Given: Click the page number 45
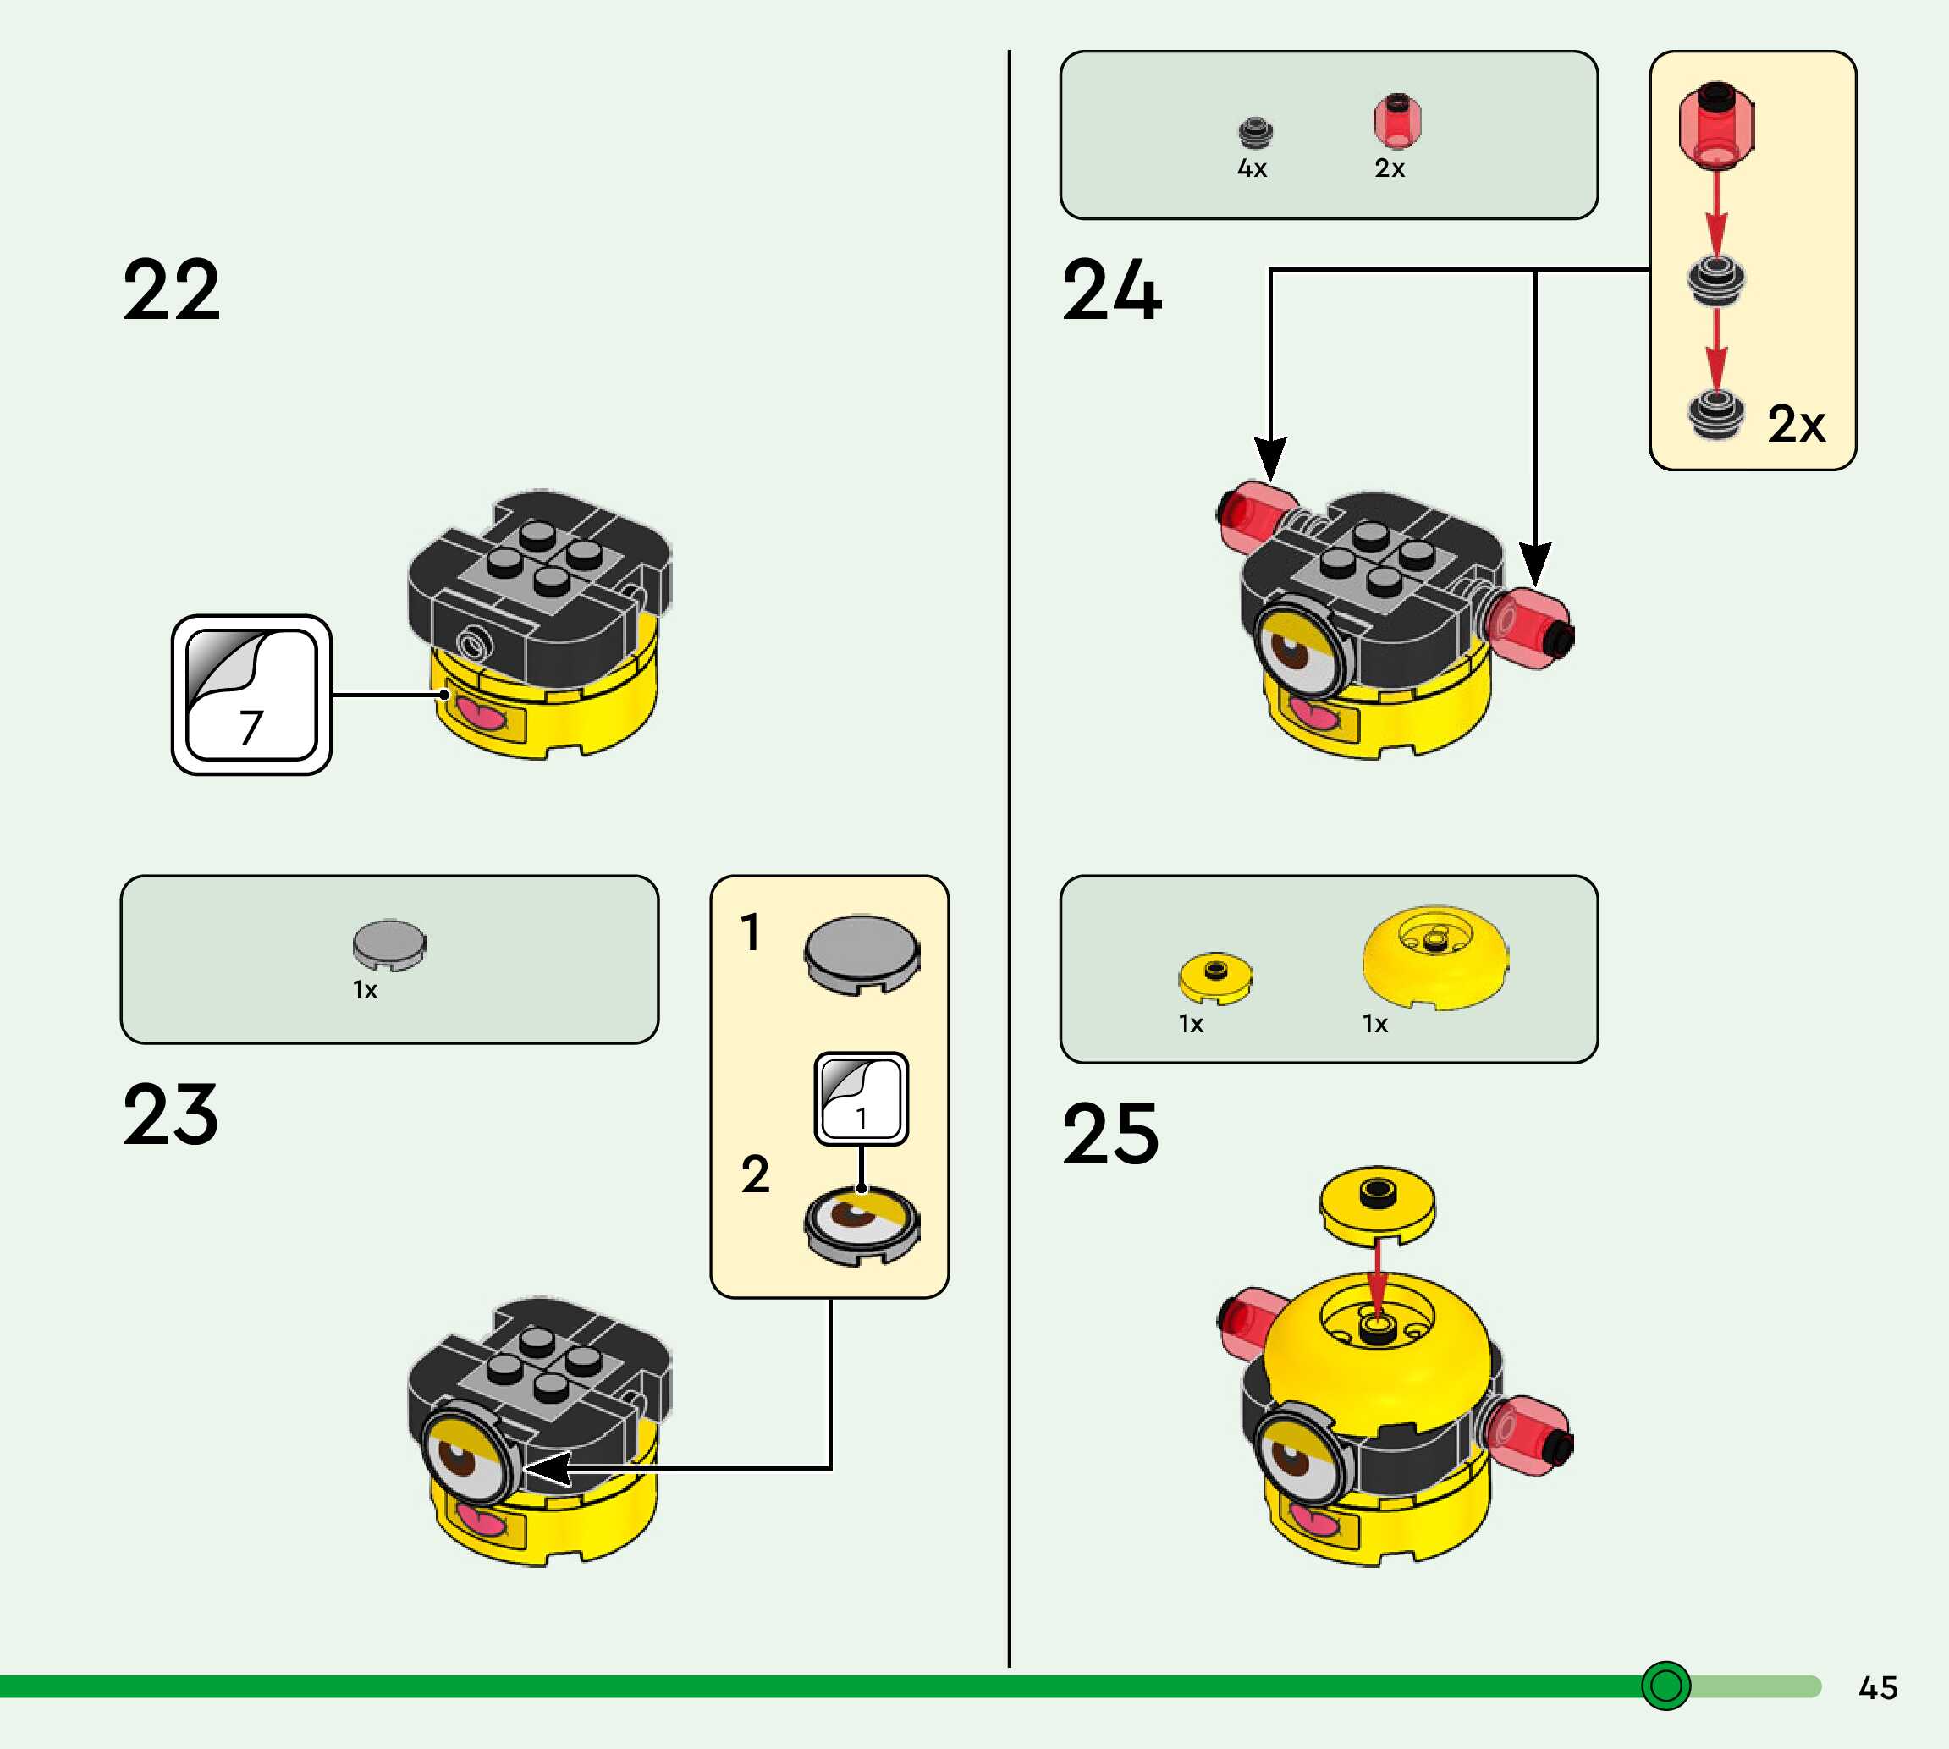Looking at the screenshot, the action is tap(1878, 1686).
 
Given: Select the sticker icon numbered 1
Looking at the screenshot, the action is tap(861, 1098).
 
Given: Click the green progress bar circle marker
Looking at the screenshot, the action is tap(1665, 1686).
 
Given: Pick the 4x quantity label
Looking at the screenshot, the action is tap(1253, 169).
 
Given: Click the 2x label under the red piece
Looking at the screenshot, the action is tap(1390, 169).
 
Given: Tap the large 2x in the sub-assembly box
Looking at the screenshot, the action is tap(1796, 424).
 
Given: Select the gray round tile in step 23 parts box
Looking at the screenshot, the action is tap(389, 944).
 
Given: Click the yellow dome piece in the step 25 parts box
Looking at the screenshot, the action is tap(1434, 957).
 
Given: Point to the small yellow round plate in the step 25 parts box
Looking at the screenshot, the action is tap(1216, 978).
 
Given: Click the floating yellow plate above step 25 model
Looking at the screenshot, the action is tap(1377, 1206).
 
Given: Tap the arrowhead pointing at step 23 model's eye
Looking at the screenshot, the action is tap(548, 1468).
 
